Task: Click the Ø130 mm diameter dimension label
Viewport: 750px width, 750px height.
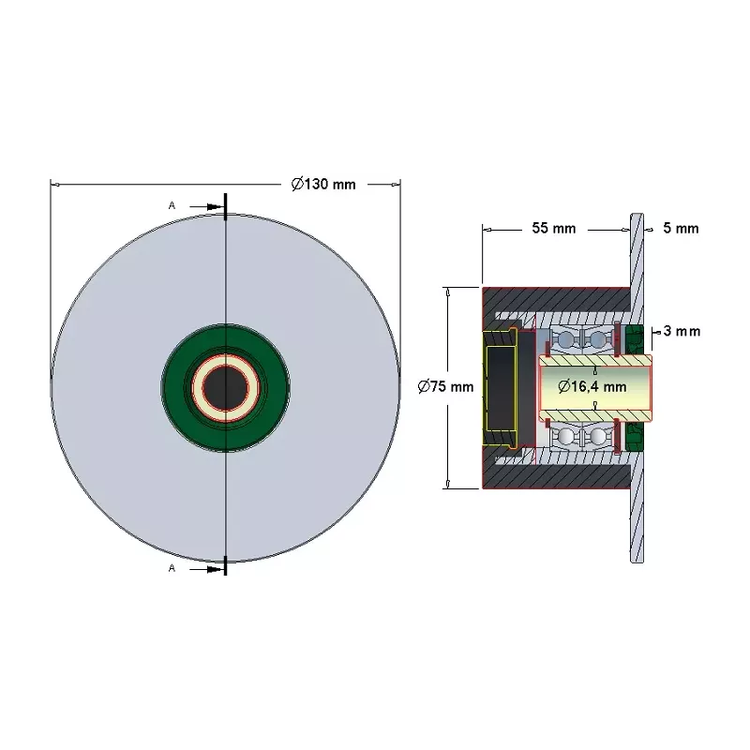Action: coord(323,184)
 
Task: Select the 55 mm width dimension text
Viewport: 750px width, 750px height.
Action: coord(554,228)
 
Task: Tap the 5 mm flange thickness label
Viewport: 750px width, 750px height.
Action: coord(681,228)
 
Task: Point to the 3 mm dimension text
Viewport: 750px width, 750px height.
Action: coord(682,331)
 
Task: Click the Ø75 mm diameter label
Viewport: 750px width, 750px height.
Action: coord(445,386)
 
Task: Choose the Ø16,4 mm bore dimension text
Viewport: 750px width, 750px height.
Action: coord(592,386)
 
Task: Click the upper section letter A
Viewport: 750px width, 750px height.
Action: coord(172,205)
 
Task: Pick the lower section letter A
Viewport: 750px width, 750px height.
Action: coord(172,568)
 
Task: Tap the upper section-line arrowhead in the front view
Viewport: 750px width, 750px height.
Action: coord(216,206)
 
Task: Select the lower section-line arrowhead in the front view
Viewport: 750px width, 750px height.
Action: coord(216,569)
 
